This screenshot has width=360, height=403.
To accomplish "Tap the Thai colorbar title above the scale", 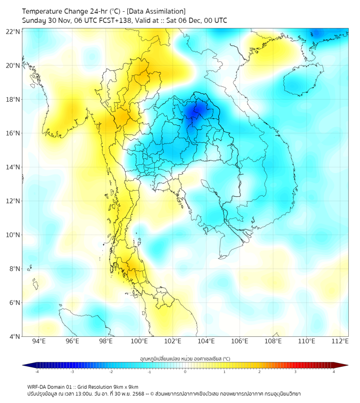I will point(185,358).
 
